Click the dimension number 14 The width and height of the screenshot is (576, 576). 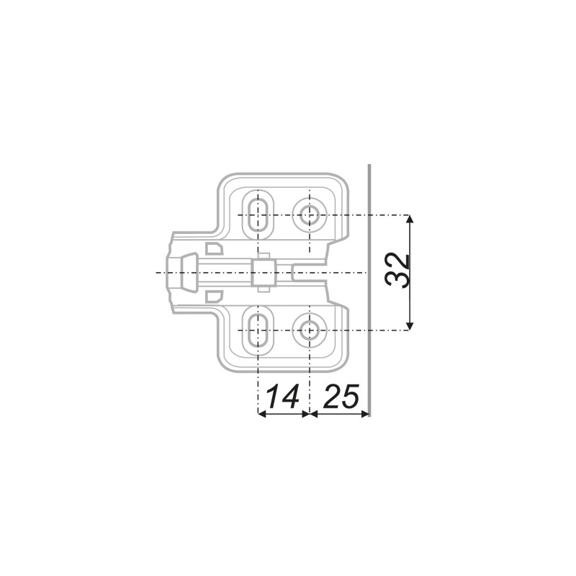click(282, 397)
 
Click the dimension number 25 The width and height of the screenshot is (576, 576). click(341, 397)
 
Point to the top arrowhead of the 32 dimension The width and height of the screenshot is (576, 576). click(410, 219)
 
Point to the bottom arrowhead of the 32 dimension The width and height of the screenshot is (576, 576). click(410, 326)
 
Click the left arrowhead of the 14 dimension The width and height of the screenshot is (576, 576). click(262, 414)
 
